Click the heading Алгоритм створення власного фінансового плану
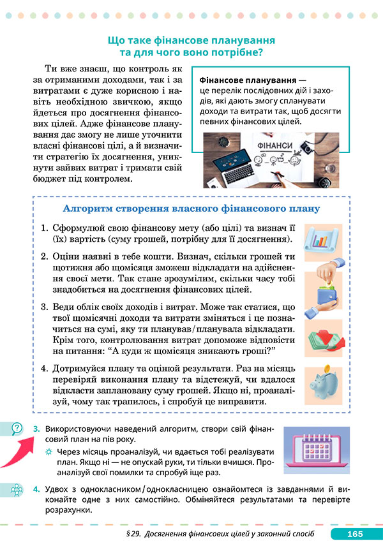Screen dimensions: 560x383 (191, 209)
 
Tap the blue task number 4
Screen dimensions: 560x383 (36, 489)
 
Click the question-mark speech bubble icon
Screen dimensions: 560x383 (17, 429)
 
